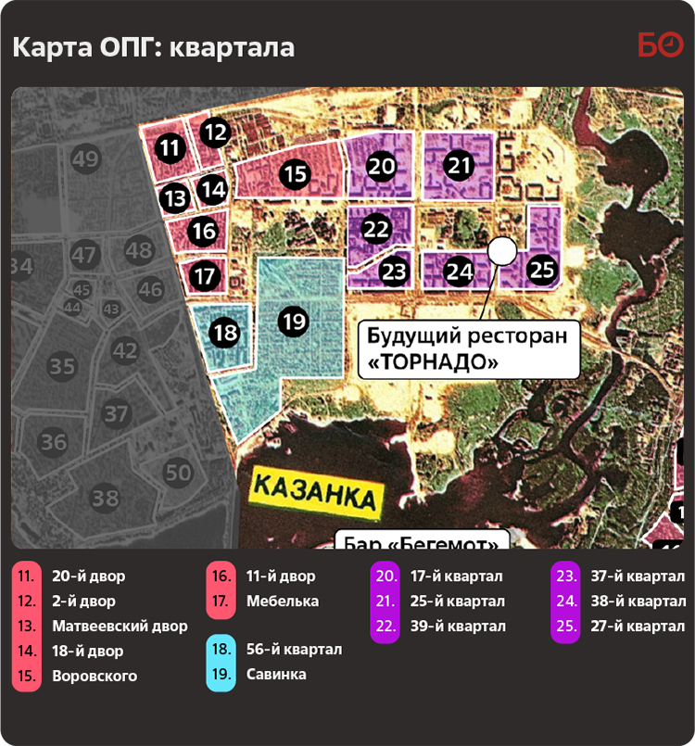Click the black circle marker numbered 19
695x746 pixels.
click(x=294, y=322)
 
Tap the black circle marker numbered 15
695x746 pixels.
click(x=296, y=173)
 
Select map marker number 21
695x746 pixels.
click(x=459, y=166)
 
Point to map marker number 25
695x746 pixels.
click(x=542, y=270)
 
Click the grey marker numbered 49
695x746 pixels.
click(x=85, y=159)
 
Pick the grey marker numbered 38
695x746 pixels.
click(x=106, y=499)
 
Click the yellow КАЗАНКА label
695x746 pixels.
click(x=317, y=491)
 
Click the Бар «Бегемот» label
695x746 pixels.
click(x=422, y=540)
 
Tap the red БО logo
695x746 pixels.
click(x=660, y=44)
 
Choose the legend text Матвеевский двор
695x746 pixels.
click(x=120, y=626)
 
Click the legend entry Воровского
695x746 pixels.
click(x=95, y=676)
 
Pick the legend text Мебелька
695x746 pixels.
click(x=283, y=601)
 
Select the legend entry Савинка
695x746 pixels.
click(x=277, y=674)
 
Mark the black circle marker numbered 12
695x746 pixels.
click(x=215, y=133)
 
